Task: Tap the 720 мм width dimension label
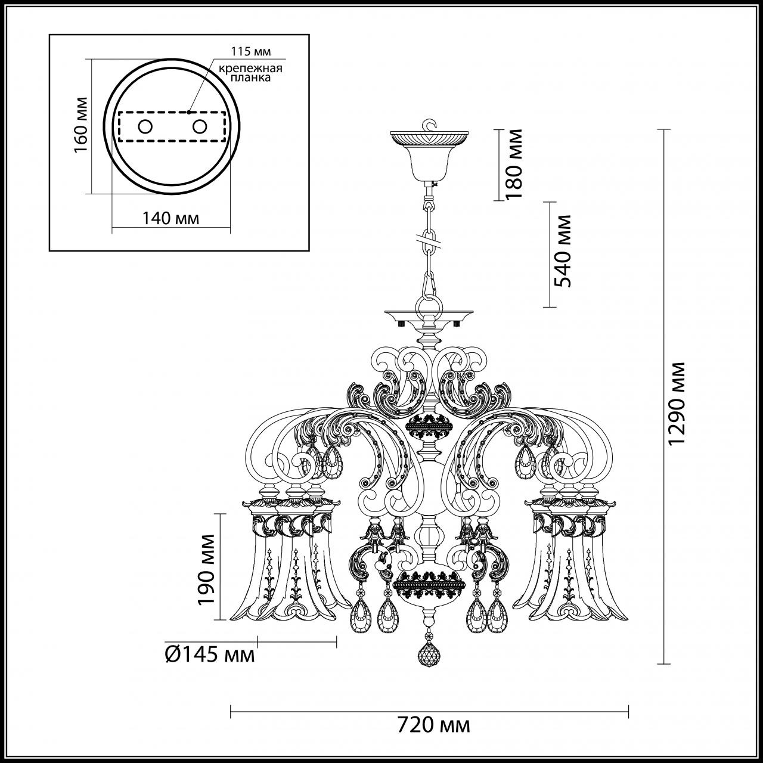433,725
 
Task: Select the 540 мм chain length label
562,250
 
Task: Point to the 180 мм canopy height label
513,163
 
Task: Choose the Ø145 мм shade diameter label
209,655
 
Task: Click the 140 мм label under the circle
170,218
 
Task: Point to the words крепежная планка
250,73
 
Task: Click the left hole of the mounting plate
145,126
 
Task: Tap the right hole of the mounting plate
199,126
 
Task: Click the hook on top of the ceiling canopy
428,125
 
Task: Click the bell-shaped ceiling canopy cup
428,162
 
